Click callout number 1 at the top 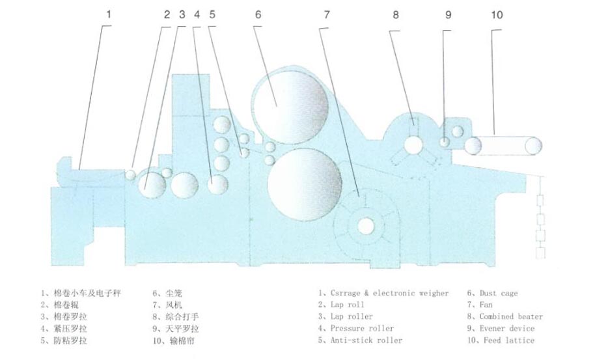pyautogui.click(x=109, y=14)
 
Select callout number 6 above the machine pyautogui.click(x=258, y=15)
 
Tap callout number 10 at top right pyautogui.click(x=497, y=15)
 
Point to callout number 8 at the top pyautogui.click(x=396, y=15)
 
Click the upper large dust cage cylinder pyautogui.click(x=290, y=106)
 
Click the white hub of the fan pyautogui.click(x=365, y=226)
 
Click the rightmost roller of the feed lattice pyautogui.click(x=534, y=146)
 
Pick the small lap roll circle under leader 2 pyautogui.click(x=131, y=174)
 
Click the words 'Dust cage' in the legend pyautogui.click(x=499, y=294)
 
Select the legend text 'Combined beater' pyautogui.click(x=511, y=316)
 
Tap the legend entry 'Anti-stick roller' pyautogui.click(x=366, y=340)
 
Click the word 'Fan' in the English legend pyautogui.click(x=486, y=305)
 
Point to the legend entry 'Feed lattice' pyautogui.click(x=509, y=340)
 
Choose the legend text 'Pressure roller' pyautogui.click(x=362, y=329)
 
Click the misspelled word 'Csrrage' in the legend pyautogui.click(x=345, y=294)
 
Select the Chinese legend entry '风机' pyautogui.click(x=173, y=305)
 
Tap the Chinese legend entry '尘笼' pyautogui.click(x=173, y=294)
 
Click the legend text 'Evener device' pyautogui.click(x=507, y=329)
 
